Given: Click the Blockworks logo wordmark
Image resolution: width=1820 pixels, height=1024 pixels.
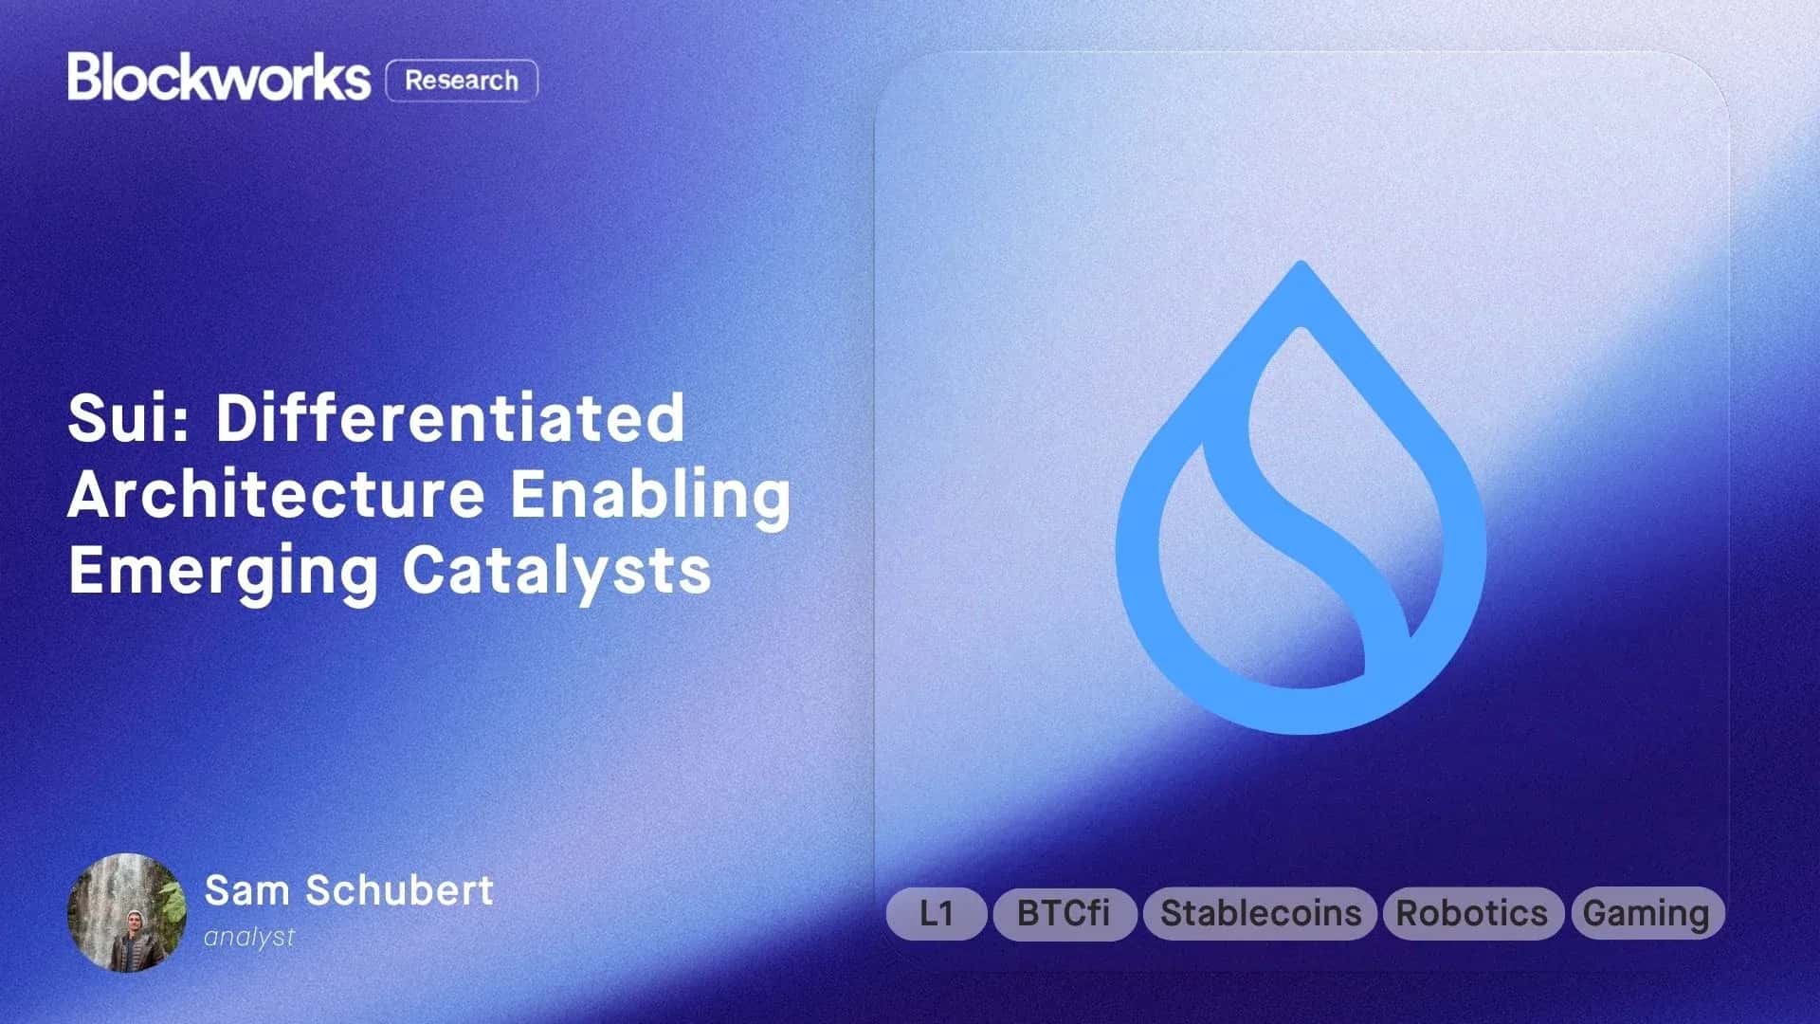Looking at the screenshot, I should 218,78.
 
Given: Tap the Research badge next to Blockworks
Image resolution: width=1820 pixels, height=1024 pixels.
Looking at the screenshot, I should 462,81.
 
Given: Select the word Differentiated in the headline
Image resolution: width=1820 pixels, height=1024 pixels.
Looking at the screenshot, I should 450,418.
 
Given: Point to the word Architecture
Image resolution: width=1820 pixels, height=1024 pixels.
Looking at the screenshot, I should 276,494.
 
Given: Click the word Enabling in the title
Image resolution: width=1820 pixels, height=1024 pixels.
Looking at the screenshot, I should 650,494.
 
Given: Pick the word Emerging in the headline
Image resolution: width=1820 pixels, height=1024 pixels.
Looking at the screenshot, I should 223,572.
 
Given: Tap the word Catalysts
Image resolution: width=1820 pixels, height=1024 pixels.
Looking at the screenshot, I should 556,570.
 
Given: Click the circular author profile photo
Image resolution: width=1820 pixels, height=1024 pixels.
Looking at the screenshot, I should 127,913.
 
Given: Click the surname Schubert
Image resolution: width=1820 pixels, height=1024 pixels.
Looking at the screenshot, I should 399,890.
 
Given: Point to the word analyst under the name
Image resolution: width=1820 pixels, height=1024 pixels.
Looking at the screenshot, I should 249,937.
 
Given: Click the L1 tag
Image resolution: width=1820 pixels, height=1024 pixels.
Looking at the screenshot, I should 937,913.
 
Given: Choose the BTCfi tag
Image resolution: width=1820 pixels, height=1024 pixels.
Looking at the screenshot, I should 1064,913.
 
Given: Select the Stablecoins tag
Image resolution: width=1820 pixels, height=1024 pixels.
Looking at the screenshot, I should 1260,913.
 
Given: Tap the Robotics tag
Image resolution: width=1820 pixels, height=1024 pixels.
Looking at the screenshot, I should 1472,913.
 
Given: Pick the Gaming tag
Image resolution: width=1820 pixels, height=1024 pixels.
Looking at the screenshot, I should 1647,913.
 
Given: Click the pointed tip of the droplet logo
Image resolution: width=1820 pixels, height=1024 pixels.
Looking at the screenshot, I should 1301,268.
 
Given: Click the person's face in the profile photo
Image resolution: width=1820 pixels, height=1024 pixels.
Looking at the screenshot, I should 134,921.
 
